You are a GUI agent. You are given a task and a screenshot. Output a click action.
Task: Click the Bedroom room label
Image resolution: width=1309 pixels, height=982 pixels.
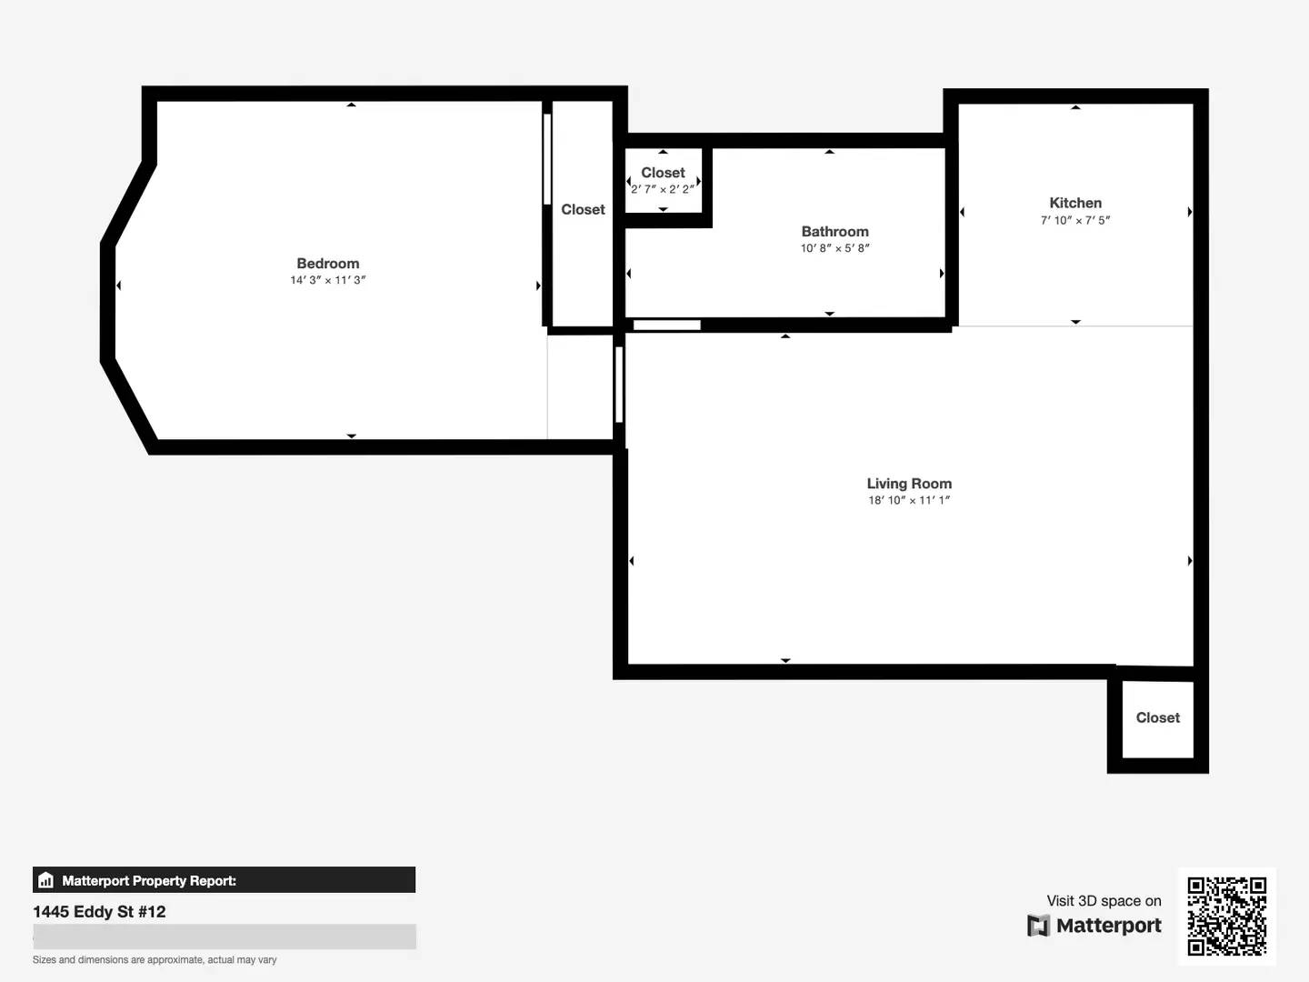point(328,263)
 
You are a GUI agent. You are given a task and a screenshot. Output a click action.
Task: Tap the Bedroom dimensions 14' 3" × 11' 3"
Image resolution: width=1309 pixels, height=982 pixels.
point(328,280)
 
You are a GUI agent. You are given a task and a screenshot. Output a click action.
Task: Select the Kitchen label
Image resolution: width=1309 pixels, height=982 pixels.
point(1075,203)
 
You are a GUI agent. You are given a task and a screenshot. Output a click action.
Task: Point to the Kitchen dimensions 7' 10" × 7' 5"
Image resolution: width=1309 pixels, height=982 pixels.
point(1075,220)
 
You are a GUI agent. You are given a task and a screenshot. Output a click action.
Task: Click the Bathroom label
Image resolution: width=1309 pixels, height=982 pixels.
point(834,231)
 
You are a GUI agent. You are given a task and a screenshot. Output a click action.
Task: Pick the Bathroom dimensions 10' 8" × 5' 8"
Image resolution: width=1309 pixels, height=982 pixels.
point(834,248)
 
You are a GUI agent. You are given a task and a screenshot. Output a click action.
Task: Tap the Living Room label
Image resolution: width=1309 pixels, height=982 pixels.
point(909,484)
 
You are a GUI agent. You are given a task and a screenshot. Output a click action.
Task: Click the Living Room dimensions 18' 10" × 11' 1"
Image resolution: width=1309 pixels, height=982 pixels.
point(909,500)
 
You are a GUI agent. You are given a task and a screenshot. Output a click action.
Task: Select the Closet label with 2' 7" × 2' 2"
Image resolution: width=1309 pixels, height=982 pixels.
point(663,173)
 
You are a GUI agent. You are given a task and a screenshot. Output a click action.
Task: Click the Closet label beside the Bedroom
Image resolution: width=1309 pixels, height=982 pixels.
point(583,209)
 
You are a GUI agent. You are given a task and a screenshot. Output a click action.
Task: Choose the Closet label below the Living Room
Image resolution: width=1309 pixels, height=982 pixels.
point(1157,717)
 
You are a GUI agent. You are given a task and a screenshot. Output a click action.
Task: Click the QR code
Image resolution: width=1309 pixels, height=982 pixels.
point(1226,916)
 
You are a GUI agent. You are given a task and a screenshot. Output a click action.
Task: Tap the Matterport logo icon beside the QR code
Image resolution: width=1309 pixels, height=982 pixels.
point(1038,926)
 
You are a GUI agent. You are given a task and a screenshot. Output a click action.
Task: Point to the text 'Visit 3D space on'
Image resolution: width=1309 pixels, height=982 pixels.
point(1104,900)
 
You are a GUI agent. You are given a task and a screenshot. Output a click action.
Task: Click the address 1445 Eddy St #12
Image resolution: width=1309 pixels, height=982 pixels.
point(99,912)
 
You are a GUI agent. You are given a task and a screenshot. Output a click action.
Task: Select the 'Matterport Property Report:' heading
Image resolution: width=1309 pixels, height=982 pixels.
point(149,881)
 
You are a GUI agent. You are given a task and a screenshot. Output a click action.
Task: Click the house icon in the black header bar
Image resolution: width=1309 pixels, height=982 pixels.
point(46,880)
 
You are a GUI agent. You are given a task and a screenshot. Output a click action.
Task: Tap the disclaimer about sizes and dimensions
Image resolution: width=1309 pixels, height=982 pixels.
point(155,960)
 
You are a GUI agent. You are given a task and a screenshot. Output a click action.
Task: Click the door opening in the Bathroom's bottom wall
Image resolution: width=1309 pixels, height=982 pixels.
point(666,325)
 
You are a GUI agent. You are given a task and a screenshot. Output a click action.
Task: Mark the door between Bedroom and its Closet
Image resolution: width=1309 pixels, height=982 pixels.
point(547,159)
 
